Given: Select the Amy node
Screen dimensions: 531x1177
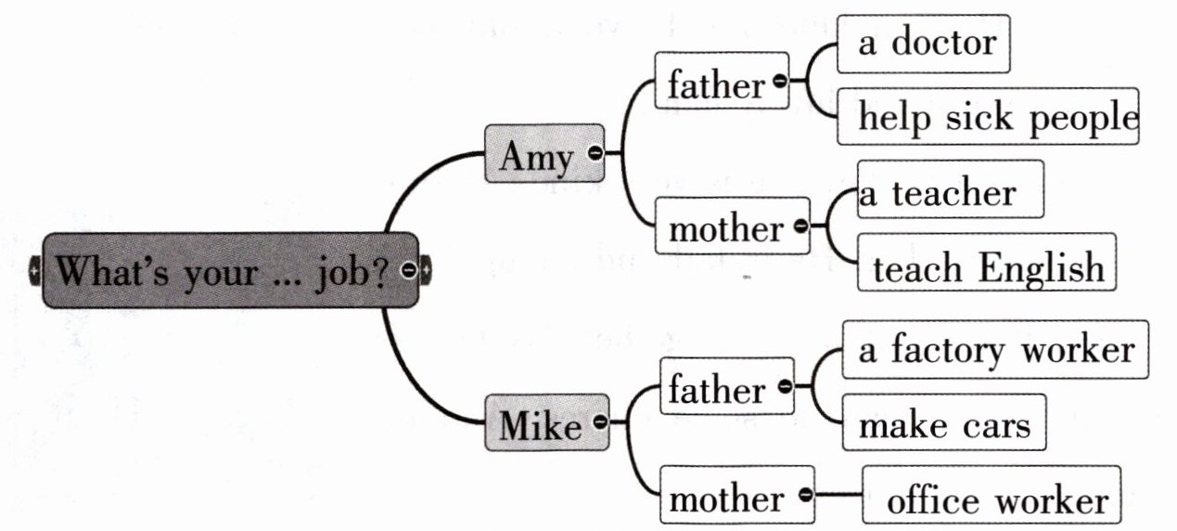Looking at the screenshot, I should tap(537, 155).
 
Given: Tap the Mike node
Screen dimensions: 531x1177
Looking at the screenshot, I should tap(540, 425).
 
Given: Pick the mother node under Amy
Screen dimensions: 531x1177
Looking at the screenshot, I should tap(725, 227).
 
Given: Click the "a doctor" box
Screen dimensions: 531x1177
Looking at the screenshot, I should tap(923, 43).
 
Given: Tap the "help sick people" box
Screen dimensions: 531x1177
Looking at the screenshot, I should tap(987, 117).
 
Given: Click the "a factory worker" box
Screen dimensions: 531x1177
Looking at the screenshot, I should tap(995, 349).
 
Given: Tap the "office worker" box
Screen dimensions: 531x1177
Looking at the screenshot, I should tap(996, 500).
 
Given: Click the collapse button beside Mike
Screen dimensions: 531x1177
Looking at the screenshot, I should tap(599, 421).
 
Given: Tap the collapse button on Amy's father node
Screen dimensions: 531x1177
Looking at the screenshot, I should tap(779, 82).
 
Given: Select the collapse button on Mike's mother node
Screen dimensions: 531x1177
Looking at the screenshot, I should tap(806, 495).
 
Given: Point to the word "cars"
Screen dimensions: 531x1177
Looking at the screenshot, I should tap(995, 425).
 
